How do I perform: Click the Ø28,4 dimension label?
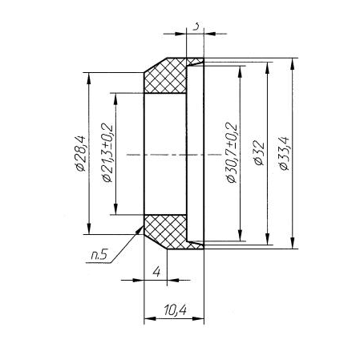click(80, 153)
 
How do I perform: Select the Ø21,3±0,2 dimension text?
click(107, 152)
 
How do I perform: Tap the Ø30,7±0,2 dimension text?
click(232, 152)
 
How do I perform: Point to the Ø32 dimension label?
click(259, 152)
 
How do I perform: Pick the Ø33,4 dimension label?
click(284, 153)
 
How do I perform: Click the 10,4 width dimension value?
click(176, 310)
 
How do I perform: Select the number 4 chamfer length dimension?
click(156, 272)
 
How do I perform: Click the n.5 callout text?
click(99, 256)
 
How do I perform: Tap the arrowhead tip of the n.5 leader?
click(143, 226)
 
